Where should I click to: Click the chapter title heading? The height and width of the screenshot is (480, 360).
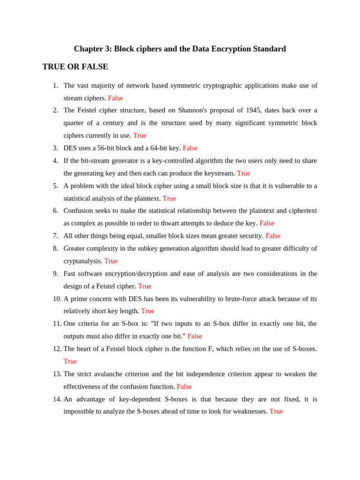pyautogui.click(x=180, y=49)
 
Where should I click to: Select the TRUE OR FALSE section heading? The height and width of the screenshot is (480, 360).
pyautogui.click(x=75, y=67)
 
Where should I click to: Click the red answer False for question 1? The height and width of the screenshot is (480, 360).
pyautogui.click(x=115, y=98)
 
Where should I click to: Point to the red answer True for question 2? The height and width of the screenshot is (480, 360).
pyautogui.click(x=140, y=135)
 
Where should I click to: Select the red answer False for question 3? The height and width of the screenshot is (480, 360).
pyautogui.click(x=190, y=148)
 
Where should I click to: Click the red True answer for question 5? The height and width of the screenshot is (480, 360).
pyautogui.click(x=169, y=198)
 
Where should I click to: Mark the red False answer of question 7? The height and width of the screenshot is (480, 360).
pyautogui.click(x=273, y=236)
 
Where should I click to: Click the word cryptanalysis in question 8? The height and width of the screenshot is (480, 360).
pyautogui.click(x=82, y=261)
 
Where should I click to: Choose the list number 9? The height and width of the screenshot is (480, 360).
pyautogui.click(x=55, y=274)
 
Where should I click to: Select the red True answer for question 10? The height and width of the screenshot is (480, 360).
pyautogui.click(x=147, y=311)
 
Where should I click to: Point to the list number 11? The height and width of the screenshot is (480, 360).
pyautogui.click(x=57, y=324)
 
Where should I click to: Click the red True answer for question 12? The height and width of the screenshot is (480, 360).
pyautogui.click(x=70, y=361)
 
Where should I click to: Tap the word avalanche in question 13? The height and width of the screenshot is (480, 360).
pyautogui.click(x=135, y=374)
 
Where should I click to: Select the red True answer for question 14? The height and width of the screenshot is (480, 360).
pyautogui.click(x=276, y=411)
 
